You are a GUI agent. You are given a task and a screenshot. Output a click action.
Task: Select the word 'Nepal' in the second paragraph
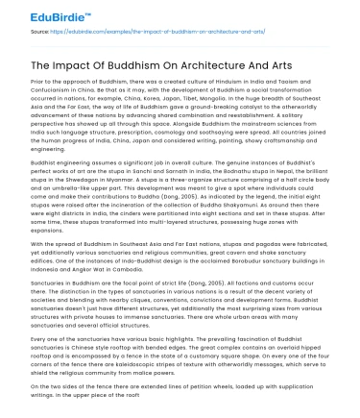click(301, 187)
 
